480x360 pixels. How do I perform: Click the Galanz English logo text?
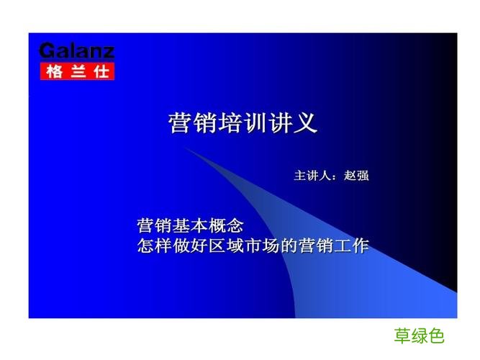76,52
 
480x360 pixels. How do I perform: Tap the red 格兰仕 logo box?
76,71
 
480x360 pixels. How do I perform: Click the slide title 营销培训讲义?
243,122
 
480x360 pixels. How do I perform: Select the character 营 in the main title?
180,122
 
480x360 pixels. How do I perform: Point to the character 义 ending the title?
306,122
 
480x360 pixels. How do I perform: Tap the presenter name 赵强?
356,175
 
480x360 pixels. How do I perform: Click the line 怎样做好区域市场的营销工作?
253,246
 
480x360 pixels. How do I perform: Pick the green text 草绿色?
420,336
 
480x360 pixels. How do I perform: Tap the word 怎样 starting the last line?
155,246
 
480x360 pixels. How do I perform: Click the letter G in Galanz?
46,52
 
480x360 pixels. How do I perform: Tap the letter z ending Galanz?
107,52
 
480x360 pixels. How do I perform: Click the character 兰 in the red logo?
76,71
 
